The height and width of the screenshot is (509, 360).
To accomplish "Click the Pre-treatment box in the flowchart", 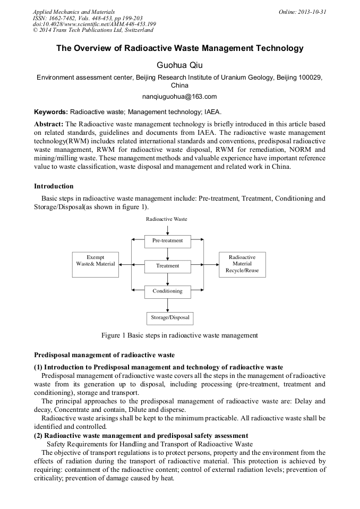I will click(x=167, y=240).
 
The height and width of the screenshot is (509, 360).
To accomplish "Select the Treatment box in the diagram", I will click(x=167, y=265).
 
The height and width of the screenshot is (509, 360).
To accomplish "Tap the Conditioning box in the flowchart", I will click(x=167, y=291).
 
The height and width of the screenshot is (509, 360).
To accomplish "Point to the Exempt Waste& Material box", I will click(x=95, y=264).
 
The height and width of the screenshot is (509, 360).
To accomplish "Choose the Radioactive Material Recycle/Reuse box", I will click(x=242, y=264).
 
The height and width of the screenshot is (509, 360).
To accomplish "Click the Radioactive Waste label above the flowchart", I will click(x=167, y=219).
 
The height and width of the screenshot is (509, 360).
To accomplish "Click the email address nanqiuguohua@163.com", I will click(x=179, y=97).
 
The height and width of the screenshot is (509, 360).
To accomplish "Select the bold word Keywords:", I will click(x=51, y=113).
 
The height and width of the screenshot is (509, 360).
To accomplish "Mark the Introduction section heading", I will click(x=54, y=186).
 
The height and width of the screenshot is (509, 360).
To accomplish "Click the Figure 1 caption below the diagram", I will click(x=179, y=335).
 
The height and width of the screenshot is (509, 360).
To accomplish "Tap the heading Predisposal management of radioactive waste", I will click(x=104, y=355).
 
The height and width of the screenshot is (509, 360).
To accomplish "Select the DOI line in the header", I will click(x=94, y=24).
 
